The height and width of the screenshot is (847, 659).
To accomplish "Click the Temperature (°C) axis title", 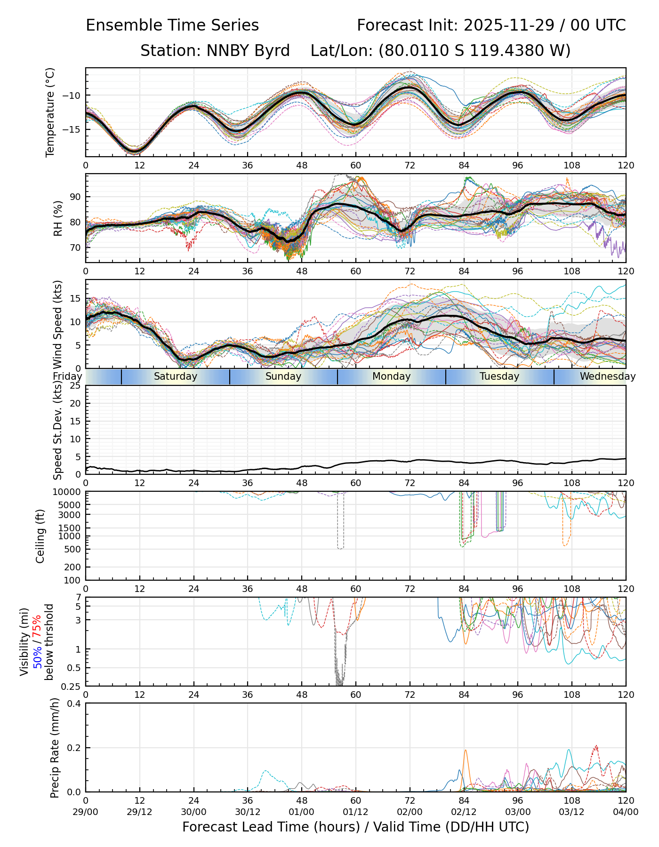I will coord(50,112).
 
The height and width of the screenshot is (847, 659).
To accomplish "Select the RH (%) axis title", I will coord(58,218).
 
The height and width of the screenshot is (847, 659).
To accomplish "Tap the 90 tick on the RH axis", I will coord(76,197).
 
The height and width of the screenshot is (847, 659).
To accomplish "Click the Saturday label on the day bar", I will coord(176,376).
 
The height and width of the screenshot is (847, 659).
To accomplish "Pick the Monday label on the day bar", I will coord(391,376).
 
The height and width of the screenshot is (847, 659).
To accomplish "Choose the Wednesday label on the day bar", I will coord(607,376).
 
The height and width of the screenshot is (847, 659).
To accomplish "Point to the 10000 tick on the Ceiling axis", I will coord(68,492).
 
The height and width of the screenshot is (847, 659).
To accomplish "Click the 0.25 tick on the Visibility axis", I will coord(72,686).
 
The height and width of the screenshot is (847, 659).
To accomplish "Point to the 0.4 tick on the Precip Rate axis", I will coord(74,703).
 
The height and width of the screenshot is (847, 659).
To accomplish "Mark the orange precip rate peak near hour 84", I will coord(466,751).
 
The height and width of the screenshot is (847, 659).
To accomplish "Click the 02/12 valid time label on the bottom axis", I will coord(464,812).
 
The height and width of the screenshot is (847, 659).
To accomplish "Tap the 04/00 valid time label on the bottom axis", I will coord(626,812).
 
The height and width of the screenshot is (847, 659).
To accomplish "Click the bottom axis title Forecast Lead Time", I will coord(355,827).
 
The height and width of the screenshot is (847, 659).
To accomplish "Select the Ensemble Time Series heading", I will coord(172,25).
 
